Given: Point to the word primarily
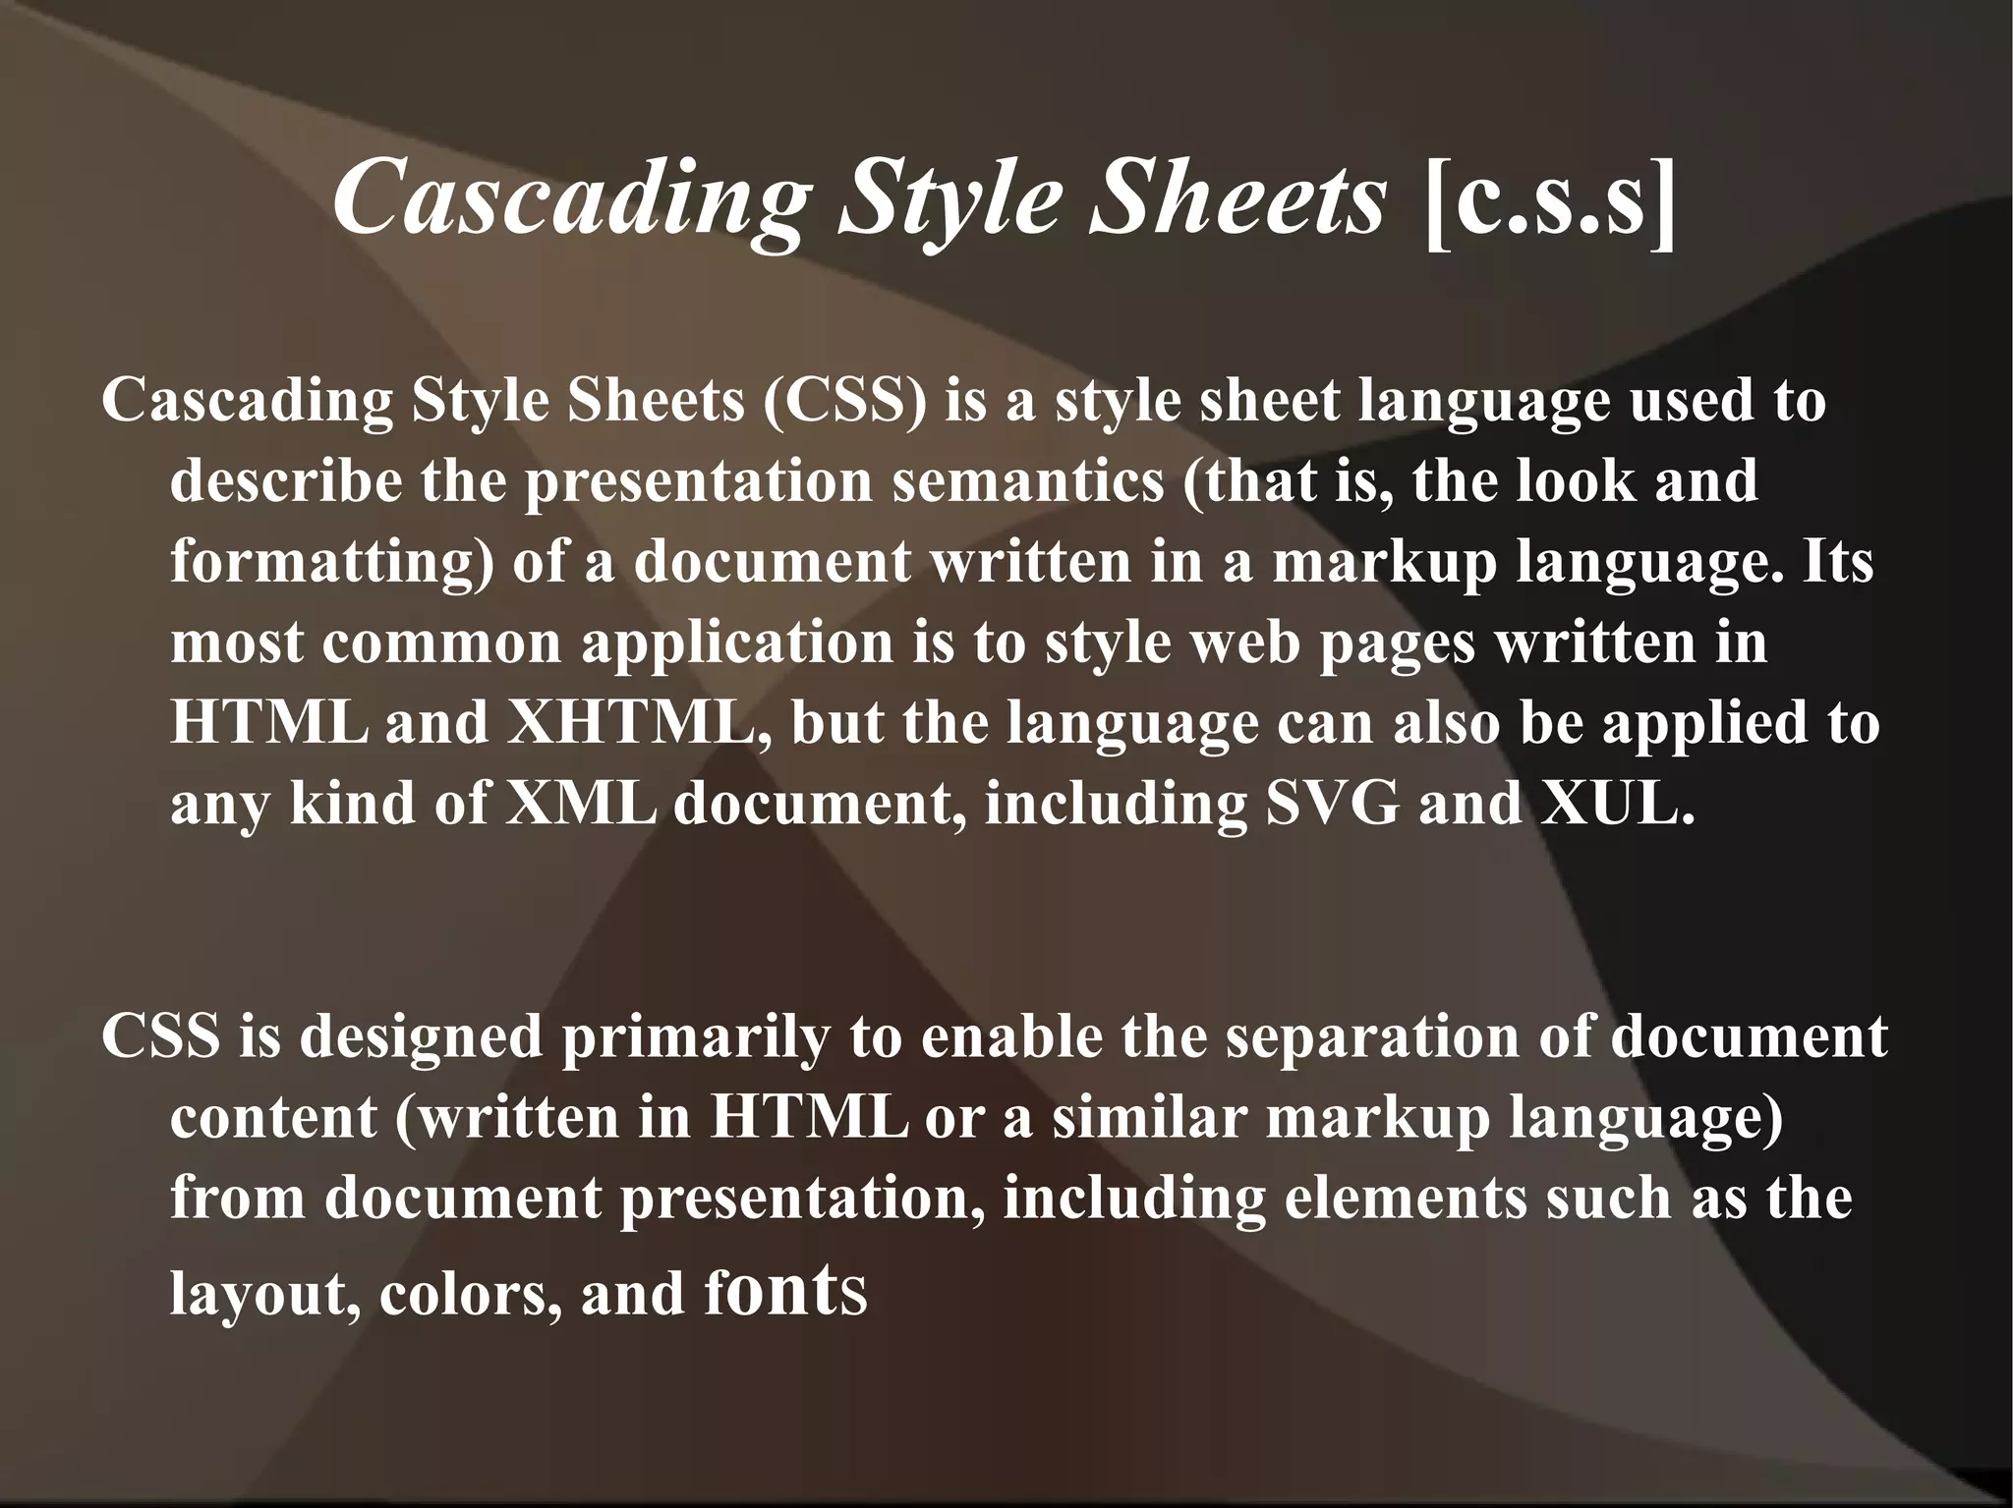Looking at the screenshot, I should click(695, 1037).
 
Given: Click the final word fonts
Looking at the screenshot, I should click(786, 1293).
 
